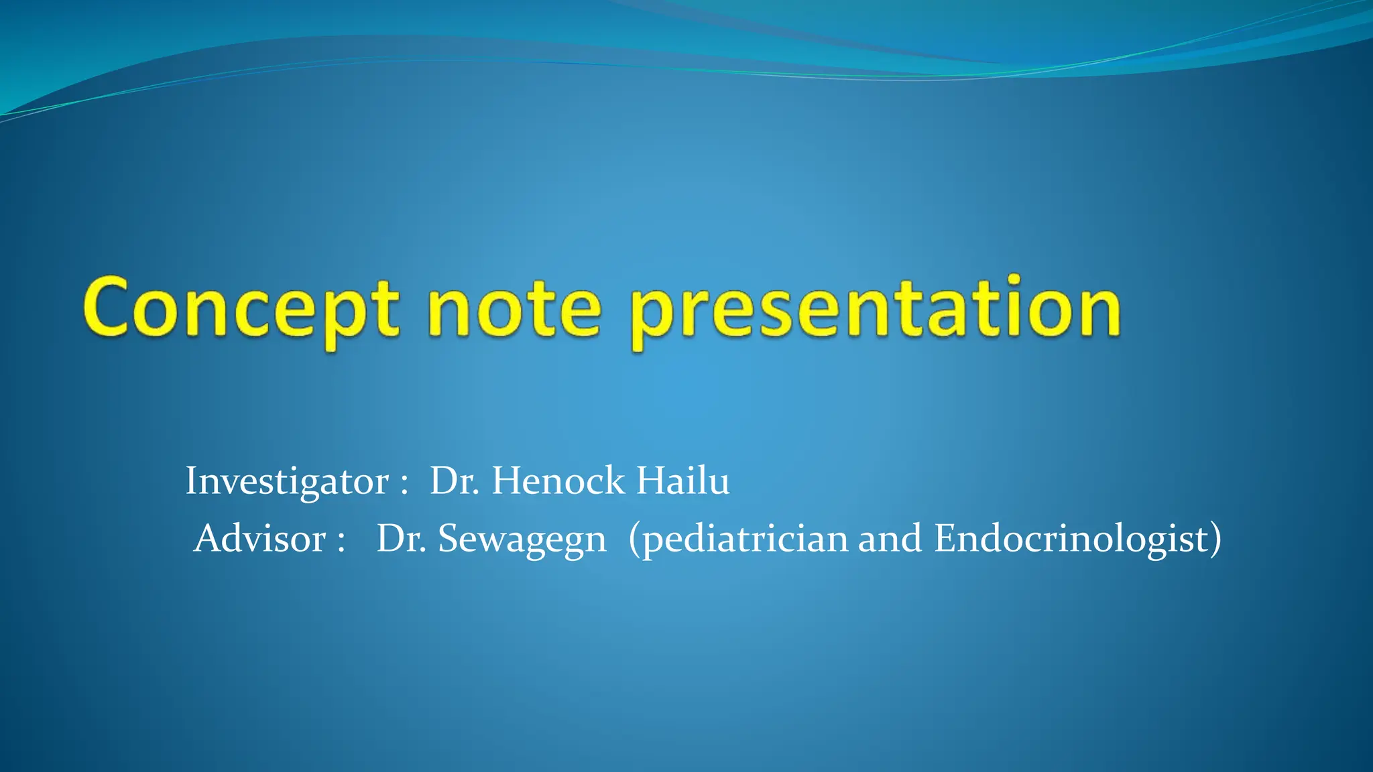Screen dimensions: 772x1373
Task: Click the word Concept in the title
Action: tap(241, 310)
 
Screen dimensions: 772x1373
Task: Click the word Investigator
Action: tap(287, 481)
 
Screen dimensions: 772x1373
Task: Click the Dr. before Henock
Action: tap(455, 481)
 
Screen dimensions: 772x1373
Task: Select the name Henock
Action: tap(558, 481)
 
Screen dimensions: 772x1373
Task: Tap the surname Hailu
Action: tap(682, 481)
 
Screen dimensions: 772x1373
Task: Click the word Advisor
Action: tap(260, 539)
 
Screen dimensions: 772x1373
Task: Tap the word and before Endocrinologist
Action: tap(890, 539)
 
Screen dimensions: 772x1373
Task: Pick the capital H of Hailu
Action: tap(648, 481)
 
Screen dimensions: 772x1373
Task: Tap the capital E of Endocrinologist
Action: tap(946, 539)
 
